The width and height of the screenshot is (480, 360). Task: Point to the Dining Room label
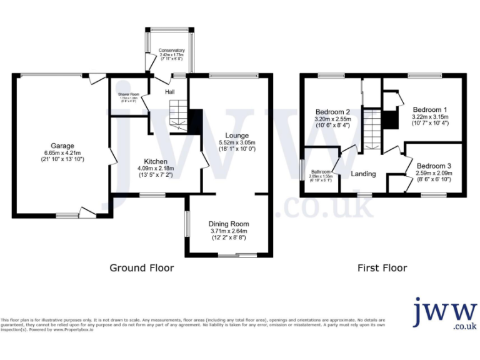tap(229, 224)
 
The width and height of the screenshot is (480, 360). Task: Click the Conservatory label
tap(171, 50)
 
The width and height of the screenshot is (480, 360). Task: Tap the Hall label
tap(170, 92)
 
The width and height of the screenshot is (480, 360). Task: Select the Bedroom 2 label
tap(332, 112)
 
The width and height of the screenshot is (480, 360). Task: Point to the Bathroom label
tap(321, 171)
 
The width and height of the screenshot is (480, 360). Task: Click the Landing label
tap(363, 174)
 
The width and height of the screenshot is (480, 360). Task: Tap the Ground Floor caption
tap(142, 268)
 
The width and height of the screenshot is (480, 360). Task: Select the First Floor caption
tap(382, 268)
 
